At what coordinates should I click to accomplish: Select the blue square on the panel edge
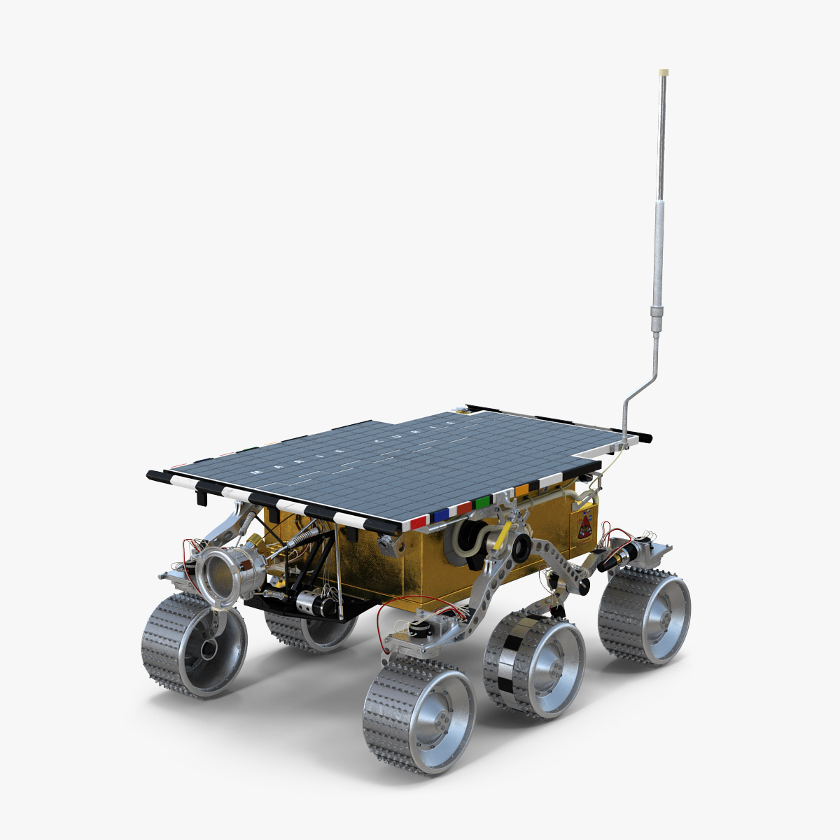(x=441, y=515)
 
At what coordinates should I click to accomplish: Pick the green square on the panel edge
(x=482, y=502)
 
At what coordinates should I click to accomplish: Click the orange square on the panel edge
(x=521, y=490)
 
